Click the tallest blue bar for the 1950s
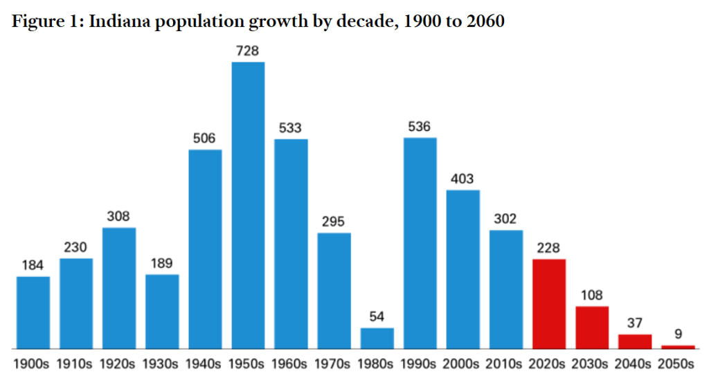[x=249, y=206]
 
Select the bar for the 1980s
[x=377, y=339]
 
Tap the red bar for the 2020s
[x=549, y=304]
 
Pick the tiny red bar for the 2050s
[x=678, y=347]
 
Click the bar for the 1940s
[x=205, y=249]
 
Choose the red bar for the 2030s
[x=592, y=328]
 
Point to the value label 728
[x=247, y=51]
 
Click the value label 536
[x=419, y=126]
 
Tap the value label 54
[x=377, y=316]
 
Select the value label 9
[x=678, y=334]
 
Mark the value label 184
[x=33, y=265]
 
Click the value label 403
[x=462, y=179]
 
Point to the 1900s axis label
[x=31, y=364]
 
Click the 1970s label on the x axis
[x=332, y=364]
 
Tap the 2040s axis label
[x=633, y=364]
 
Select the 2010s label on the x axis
[x=504, y=364]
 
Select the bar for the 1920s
[x=119, y=288]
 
